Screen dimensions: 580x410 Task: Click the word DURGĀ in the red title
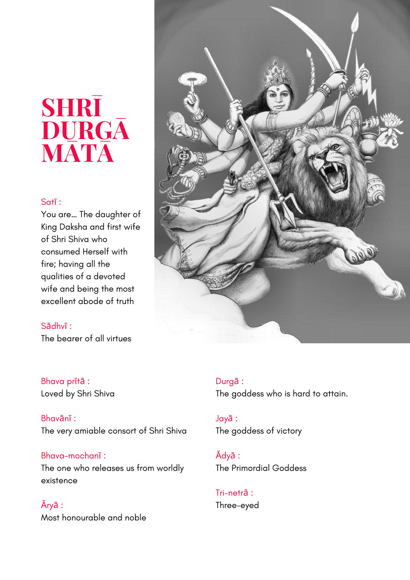click(x=85, y=131)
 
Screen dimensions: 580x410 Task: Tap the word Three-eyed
click(x=237, y=505)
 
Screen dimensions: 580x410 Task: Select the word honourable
click(x=84, y=517)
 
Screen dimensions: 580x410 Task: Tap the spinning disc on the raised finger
click(x=192, y=79)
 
